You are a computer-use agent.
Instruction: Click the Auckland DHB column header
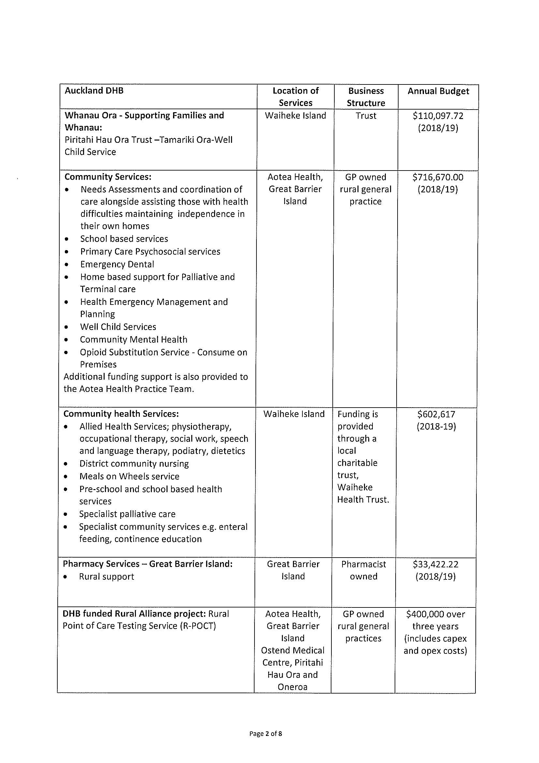94,91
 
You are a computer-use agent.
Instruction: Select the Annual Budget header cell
438,91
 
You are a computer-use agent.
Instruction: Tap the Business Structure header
366,97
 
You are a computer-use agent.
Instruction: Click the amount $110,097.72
438,116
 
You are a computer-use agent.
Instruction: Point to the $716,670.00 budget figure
438,177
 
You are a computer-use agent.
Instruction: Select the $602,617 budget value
436,414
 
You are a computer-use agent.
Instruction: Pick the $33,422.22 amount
435,564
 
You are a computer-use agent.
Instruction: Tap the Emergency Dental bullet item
117,264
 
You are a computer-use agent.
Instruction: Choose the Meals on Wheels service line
129,476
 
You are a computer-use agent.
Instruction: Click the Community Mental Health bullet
134,339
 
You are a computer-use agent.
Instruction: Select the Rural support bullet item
106,576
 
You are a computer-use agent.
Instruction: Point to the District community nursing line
134,464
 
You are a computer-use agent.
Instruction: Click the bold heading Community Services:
108,177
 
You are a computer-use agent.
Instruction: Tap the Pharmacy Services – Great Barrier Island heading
148,564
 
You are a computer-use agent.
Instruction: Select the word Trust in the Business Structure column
366,116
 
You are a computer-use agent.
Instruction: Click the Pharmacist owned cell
364,570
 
